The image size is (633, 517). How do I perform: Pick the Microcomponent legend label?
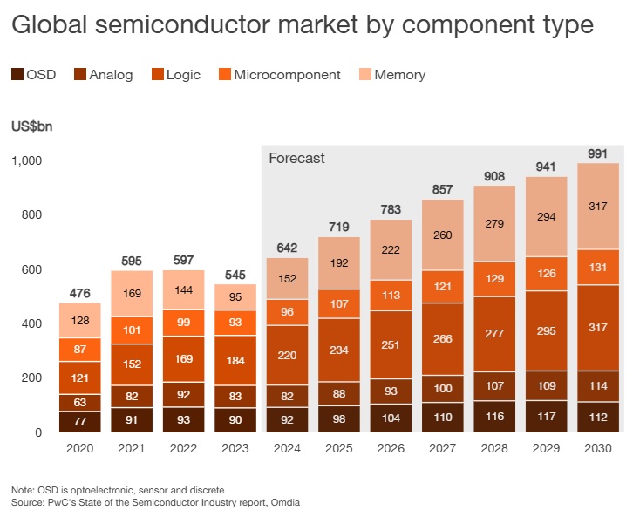click(287, 75)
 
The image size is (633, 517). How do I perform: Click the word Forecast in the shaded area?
click(296, 158)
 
